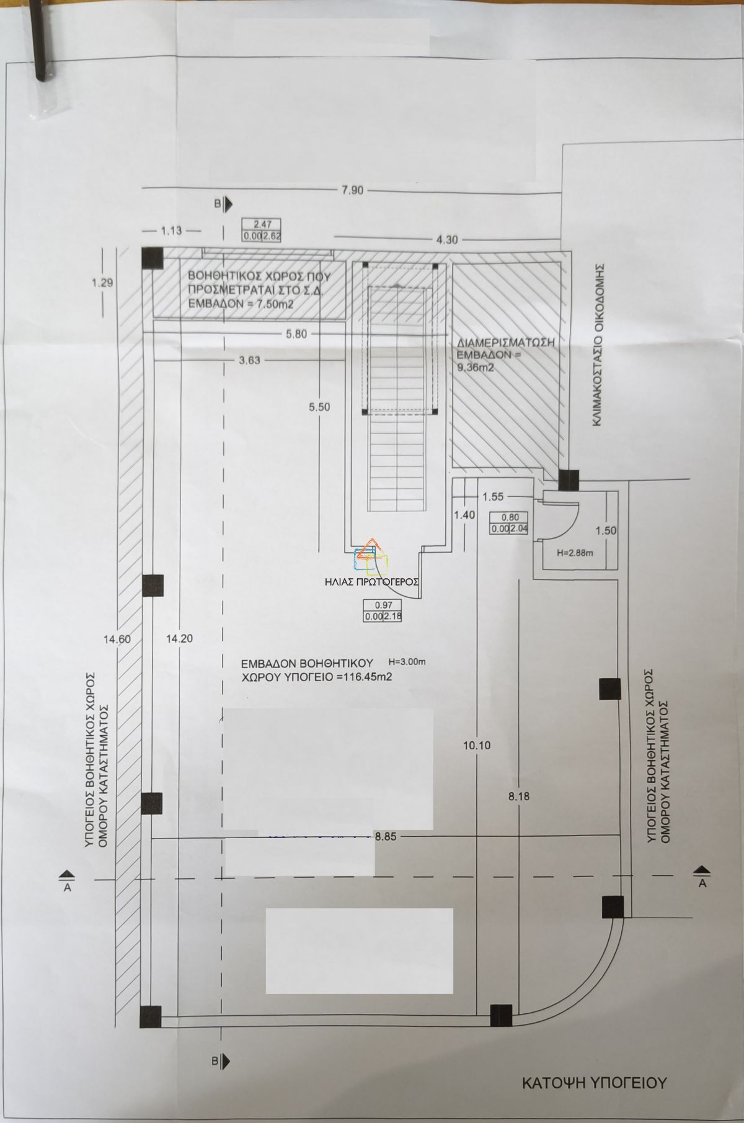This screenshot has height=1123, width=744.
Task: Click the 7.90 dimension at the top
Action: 352,190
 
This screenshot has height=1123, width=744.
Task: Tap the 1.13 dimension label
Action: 171,231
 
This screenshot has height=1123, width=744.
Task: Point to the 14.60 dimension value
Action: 117,640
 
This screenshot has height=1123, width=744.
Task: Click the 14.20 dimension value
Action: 180,640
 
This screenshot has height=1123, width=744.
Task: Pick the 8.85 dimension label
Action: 386,837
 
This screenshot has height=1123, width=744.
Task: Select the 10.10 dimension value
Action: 476,746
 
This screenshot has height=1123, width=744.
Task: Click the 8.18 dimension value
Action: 519,797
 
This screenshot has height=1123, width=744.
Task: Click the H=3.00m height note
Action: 407,662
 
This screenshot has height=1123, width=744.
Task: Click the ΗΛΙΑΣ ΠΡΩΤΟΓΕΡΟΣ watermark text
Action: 371,582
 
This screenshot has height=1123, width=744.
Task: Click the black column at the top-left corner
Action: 152,258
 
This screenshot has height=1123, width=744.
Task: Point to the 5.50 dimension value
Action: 319,407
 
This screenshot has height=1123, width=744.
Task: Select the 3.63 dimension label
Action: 249,360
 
